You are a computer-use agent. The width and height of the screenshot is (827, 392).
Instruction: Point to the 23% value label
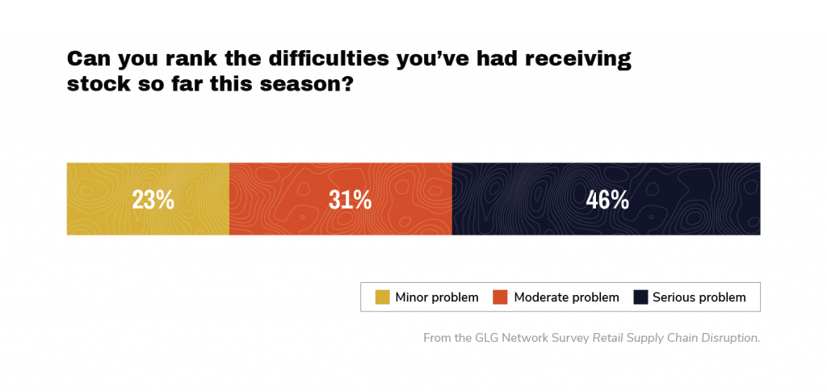coord(153,200)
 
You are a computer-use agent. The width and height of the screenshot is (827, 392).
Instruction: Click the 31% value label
coord(350,200)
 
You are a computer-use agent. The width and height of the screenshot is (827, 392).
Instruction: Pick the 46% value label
coord(607,200)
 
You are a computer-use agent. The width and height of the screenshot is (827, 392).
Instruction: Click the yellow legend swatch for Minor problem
coord(382,297)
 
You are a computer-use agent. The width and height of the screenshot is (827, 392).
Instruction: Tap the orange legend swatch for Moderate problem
coord(501,297)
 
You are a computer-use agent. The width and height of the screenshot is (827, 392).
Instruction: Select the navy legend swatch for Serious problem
coord(640,297)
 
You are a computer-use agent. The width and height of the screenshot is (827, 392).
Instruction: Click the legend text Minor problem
coord(437,297)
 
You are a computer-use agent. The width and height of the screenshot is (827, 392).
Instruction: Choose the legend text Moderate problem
coord(566,297)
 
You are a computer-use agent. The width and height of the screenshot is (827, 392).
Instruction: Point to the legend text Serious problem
coord(699,297)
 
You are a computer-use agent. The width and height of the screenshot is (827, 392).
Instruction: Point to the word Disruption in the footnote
coord(730,338)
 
